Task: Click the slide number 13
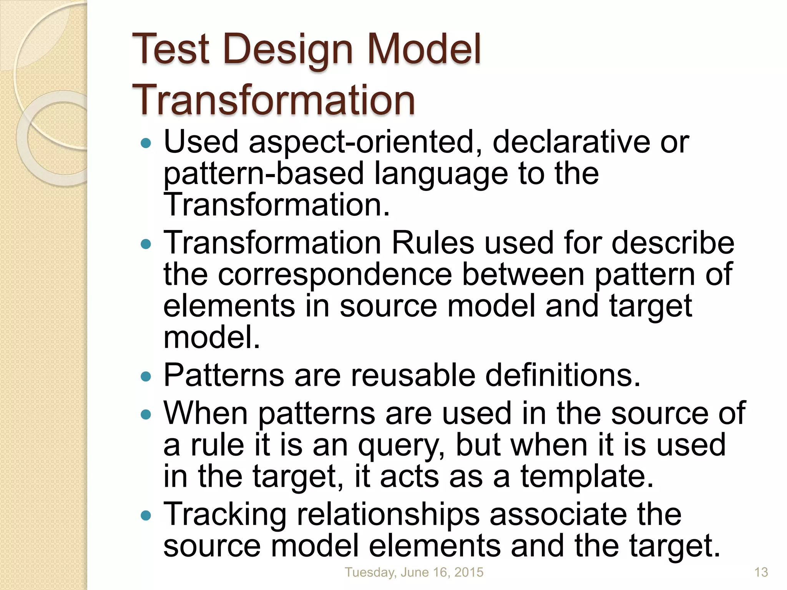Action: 761,572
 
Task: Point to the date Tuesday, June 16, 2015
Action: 414,572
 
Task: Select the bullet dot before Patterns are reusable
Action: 146,376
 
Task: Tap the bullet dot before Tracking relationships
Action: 146,515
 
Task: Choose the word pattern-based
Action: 264,174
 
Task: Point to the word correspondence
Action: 335,275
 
